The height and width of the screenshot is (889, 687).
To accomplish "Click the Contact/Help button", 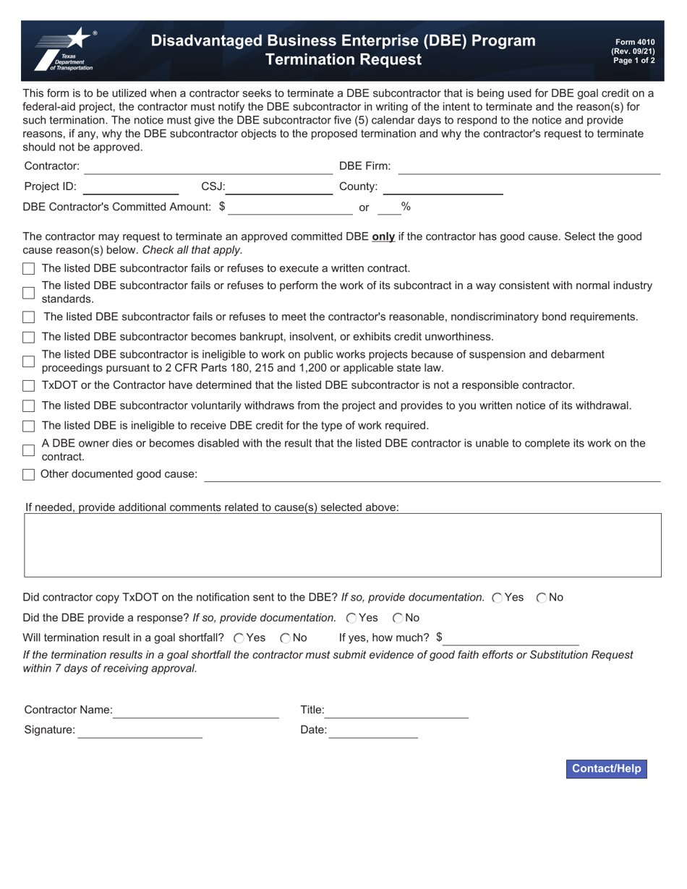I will [x=606, y=768].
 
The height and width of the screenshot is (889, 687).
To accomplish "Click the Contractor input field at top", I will [x=208, y=167].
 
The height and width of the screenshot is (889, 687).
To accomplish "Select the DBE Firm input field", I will [x=529, y=167].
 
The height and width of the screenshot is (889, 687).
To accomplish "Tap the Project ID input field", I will [x=131, y=187].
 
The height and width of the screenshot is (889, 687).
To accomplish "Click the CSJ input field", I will [x=278, y=187].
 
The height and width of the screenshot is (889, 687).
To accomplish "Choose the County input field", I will [x=443, y=187].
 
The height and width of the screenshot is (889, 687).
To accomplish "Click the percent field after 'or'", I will [x=389, y=207].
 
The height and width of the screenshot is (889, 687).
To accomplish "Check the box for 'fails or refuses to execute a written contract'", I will [x=29, y=269].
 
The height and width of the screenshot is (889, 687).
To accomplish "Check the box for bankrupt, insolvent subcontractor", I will [x=29, y=338].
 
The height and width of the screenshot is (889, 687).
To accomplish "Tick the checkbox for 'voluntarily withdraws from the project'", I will [x=29, y=406].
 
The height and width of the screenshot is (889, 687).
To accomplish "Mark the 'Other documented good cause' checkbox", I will [x=29, y=475].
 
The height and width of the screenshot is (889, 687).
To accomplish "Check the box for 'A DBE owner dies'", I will [x=29, y=450].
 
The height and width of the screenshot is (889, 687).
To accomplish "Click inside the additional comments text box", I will [x=343, y=545].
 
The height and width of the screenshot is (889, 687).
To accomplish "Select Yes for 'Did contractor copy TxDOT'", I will [x=497, y=598].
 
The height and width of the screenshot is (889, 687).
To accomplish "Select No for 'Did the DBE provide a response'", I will [x=398, y=618].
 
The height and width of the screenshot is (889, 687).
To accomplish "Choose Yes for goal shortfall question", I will [x=239, y=638].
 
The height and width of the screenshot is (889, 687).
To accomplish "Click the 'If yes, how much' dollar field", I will [x=511, y=638].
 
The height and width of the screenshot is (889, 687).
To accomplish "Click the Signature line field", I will [x=140, y=731].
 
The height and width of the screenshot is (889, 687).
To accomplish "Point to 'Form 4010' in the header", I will [x=634, y=43].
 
